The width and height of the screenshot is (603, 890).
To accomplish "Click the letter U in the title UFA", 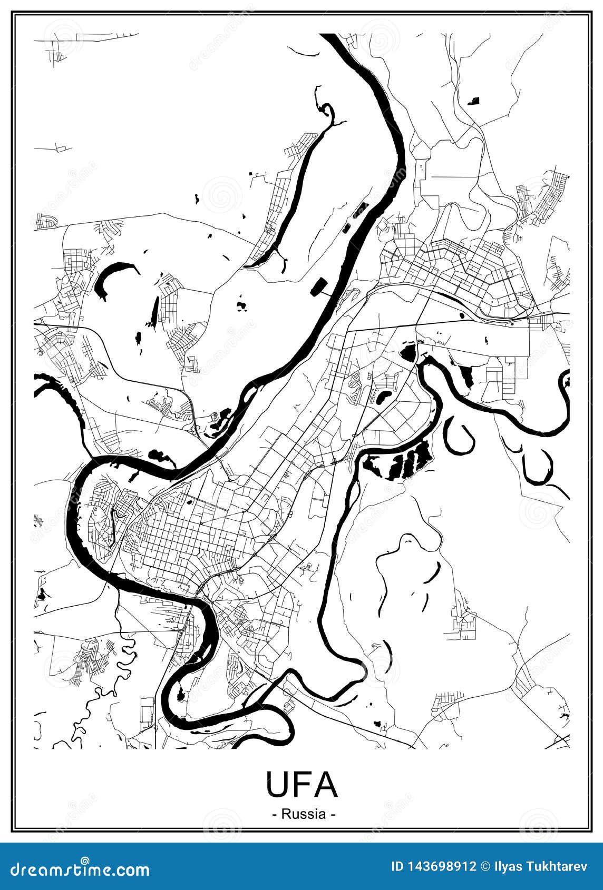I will pos(277,784).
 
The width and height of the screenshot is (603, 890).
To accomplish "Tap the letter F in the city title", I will pos(301,784).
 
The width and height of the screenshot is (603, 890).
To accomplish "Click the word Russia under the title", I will pos(304,814).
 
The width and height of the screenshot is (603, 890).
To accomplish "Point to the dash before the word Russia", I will pos(275,814).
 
